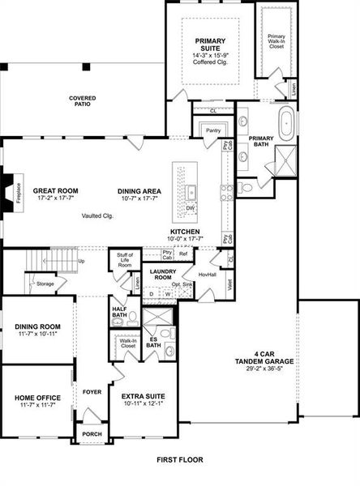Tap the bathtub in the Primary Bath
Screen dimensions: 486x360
(286, 125)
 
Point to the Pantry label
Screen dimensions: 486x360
(213, 130)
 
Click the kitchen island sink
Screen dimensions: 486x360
(191, 192)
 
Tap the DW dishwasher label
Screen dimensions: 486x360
(191, 208)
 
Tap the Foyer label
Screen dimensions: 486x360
(92, 391)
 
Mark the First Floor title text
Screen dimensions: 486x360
(179, 459)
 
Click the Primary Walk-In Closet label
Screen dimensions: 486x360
(277, 40)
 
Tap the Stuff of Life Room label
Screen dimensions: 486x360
(124, 260)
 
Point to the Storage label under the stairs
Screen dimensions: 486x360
(45, 283)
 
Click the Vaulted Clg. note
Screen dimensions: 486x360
(96, 216)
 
